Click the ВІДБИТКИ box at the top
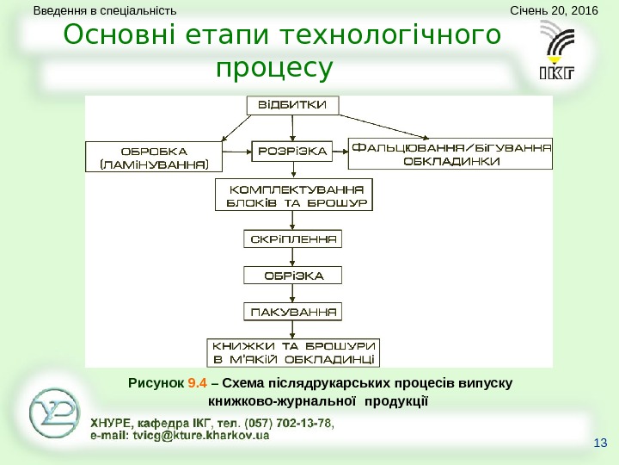(293, 106)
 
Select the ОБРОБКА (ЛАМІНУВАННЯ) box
(154, 155)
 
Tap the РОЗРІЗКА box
(293, 152)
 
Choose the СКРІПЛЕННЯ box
(293, 238)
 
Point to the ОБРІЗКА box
(293, 276)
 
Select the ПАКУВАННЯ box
(293, 310)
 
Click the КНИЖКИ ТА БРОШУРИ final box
(293, 351)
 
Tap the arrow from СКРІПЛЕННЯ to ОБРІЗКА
(293, 257)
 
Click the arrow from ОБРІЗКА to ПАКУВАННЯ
(293, 293)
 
